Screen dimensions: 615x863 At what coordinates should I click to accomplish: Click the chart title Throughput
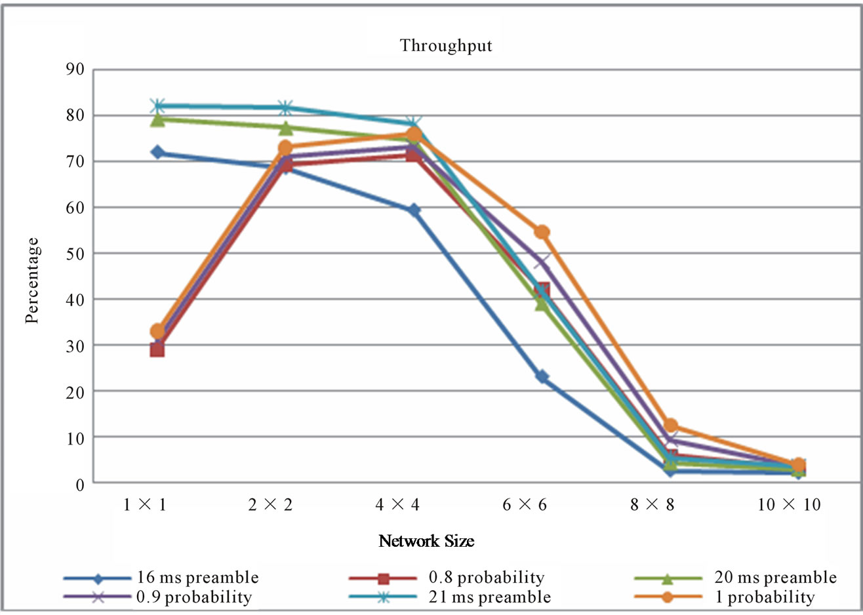click(x=446, y=46)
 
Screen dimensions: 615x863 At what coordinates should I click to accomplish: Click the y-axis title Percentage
click(x=32, y=281)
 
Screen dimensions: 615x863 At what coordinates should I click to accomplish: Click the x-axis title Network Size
click(x=426, y=541)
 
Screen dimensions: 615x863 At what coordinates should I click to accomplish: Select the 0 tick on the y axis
click(x=80, y=485)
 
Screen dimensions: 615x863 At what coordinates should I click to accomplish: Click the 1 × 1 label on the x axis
click(x=144, y=505)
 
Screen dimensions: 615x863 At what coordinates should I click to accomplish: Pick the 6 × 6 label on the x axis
click(x=525, y=505)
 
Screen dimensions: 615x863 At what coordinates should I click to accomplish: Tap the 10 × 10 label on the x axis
click(x=789, y=505)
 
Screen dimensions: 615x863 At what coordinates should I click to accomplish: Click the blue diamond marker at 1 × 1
click(x=157, y=152)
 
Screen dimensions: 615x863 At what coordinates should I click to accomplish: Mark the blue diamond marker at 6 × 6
click(x=542, y=376)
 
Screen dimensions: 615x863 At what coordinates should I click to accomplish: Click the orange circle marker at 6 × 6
click(x=542, y=232)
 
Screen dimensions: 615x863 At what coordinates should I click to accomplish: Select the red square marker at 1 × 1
click(x=157, y=349)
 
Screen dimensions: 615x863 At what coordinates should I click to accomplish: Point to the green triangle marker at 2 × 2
click(x=286, y=127)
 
